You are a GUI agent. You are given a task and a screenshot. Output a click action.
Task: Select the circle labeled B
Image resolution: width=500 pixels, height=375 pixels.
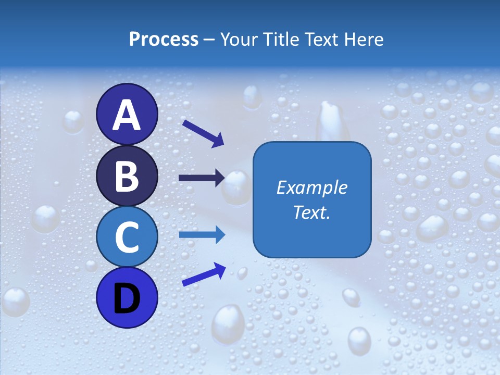(x=127, y=176)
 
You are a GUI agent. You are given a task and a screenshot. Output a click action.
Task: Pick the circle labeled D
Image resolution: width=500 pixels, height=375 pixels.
(x=127, y=297)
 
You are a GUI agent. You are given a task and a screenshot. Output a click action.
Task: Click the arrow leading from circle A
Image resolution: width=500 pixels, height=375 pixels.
(x=203, y=133)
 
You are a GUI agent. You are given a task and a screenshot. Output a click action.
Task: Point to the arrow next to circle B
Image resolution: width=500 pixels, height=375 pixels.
(x=202, y=178)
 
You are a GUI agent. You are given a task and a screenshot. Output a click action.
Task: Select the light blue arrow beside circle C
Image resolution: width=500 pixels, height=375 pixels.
(x=202, y=234)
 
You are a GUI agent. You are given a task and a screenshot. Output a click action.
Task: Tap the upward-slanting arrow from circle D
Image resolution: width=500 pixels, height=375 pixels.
(x=204, y=274)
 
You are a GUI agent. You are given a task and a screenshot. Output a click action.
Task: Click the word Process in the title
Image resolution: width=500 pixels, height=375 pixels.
(x=164, y=39)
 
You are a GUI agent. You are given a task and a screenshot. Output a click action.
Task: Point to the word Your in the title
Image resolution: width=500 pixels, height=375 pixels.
(x=237, y=39)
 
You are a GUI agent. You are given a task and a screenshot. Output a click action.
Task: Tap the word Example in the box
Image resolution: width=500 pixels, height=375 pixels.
(x=311, y=187)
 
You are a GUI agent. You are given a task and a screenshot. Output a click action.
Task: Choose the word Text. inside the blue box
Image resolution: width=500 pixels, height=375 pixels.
(x=311, y=213)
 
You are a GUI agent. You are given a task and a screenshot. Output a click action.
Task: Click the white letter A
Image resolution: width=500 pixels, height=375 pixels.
(x=127, y=116)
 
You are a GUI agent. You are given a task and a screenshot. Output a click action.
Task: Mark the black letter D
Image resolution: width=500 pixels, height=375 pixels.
(x=127, y=298)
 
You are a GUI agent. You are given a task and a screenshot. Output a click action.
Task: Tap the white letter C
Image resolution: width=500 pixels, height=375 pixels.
(x=127, y=237)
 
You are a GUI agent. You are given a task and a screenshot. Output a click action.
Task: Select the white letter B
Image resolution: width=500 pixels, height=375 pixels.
(x=127, y=177)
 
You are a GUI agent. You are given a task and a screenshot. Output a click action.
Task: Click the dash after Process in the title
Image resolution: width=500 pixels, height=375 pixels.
(x=209, y=40)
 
